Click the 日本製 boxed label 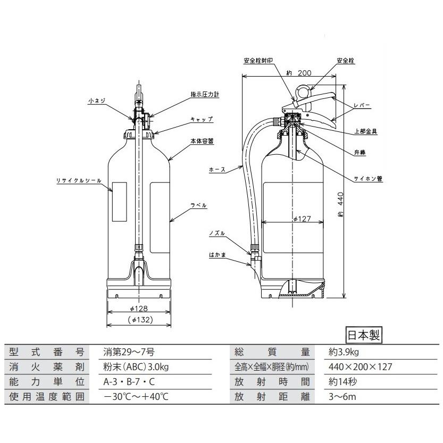[x=364, y=336]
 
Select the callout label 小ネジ [x=97, y=99]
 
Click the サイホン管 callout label [x=372, y=179]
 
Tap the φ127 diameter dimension [x=302, y=219]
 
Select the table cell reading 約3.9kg [x=344, y=352]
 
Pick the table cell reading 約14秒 [x=343, y=382]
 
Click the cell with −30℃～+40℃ [x=135, y=397]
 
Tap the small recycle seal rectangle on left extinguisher [x=120, y=203]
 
